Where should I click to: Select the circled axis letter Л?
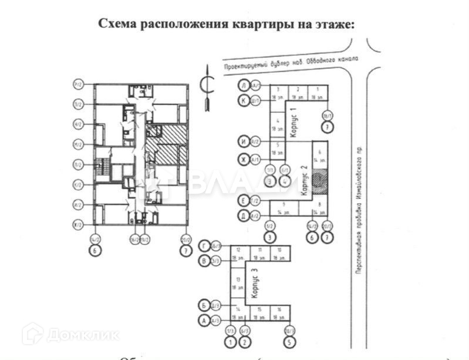pos(242,85)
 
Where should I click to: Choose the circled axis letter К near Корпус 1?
pos(242,100)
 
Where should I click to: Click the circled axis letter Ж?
pos(242,159)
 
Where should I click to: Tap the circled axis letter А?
pos(204,320)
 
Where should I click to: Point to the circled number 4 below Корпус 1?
pos(285,181)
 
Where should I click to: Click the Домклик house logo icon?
pos(33,334)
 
